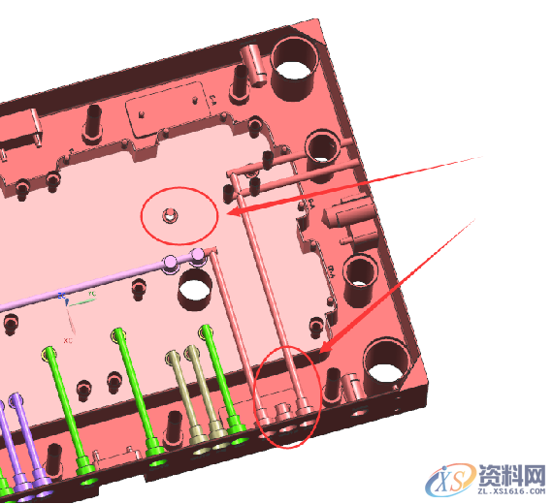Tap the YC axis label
point(93,292)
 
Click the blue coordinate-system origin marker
point(62,295)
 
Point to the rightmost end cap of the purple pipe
point(198,256)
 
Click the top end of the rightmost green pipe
point(206,332)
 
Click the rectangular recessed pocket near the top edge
point(171,106)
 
